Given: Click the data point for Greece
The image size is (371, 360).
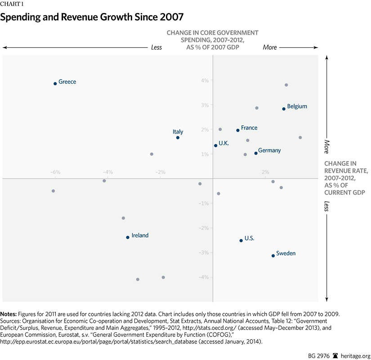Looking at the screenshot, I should [55, 84].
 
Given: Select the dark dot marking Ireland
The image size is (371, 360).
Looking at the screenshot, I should [128, 237].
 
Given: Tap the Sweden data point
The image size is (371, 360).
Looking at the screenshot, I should [273, 256].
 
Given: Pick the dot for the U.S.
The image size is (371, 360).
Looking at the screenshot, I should [241, 240].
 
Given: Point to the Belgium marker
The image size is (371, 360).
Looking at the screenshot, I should [284, 109].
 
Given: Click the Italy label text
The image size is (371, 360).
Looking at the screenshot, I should [178, 132].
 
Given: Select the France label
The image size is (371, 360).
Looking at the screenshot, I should [249, 128].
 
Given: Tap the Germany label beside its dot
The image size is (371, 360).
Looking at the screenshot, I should [269, 151].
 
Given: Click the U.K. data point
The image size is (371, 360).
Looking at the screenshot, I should [216, 146].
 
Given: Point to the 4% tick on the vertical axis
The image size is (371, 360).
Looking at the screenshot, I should [205, 81].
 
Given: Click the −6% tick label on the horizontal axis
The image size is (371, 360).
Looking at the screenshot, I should [55, 172].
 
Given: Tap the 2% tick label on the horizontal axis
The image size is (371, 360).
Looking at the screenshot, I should [265, 172].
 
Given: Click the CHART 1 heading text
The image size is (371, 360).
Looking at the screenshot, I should [13, 5].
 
